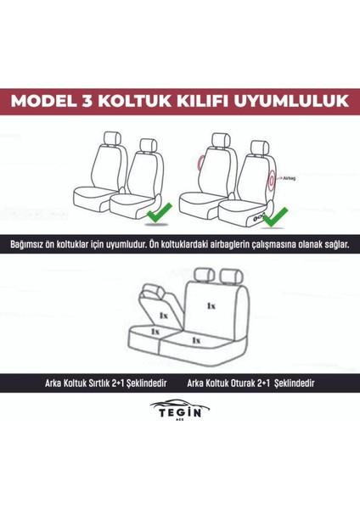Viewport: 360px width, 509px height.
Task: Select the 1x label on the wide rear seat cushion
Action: pyautogui.click(x=196, y=339)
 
